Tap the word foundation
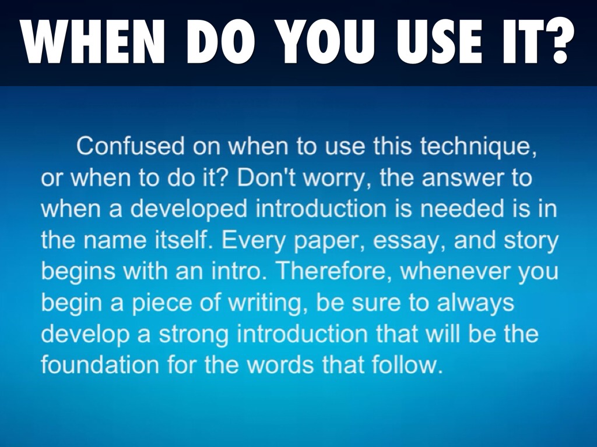point(100,365)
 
